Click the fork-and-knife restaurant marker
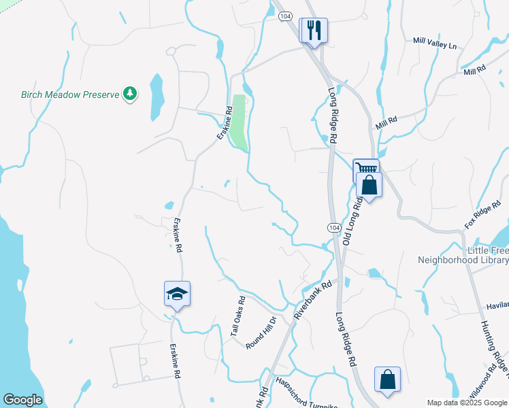(313, 31)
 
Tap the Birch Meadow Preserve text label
(70, 95)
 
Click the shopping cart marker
(365, 169)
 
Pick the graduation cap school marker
(177, 294)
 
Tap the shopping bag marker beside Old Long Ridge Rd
(369, 185)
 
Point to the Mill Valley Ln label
(435, 42)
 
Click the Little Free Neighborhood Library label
(463, 255)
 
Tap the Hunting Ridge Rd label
(495, 346)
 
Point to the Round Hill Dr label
(261, 333)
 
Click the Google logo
(22, 400)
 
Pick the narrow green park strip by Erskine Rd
(239, 122)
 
